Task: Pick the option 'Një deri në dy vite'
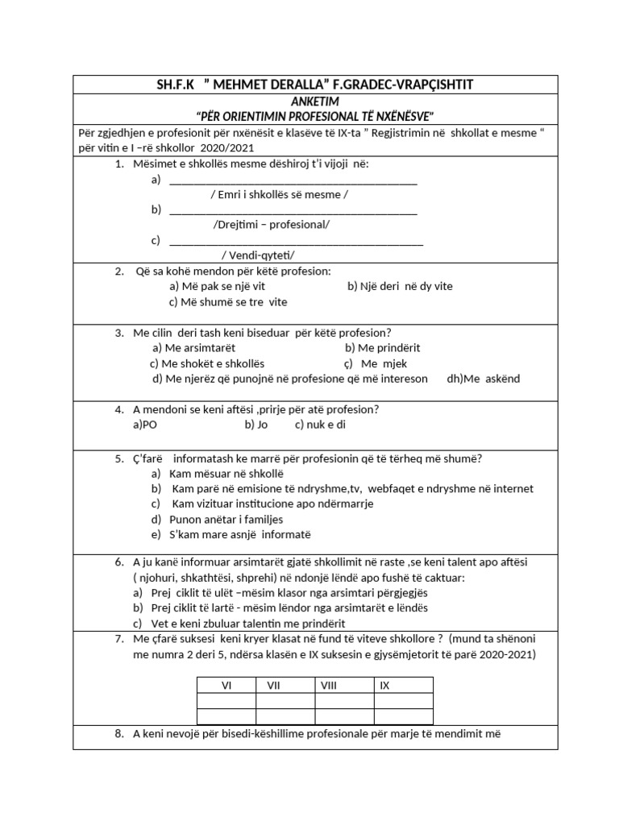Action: tap(400, 286)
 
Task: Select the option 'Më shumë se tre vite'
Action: tap(228, 302)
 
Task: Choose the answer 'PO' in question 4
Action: tap(145, 424)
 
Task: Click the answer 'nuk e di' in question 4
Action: tap(320, 424)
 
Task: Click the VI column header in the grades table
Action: tap(226, 686)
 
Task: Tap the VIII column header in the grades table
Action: tap(329, 686)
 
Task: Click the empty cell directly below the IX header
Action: tap(403, 701)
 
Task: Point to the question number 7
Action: tap(118, 639)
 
